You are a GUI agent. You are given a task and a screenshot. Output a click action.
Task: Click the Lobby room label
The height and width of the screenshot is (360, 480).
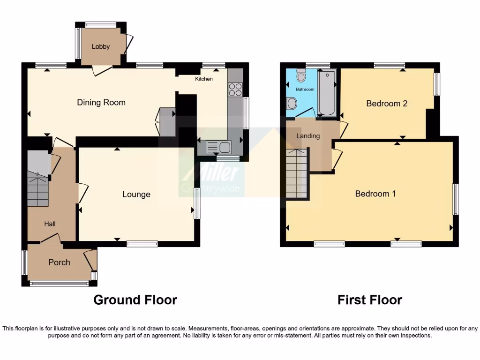101,46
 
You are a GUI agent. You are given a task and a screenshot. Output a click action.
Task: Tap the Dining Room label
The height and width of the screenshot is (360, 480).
101,102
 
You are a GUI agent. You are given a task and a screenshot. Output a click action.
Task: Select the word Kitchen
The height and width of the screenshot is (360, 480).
204,79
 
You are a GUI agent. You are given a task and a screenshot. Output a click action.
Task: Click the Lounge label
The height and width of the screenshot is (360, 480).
136,194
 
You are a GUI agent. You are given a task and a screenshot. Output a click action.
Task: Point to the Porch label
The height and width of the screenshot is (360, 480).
59,262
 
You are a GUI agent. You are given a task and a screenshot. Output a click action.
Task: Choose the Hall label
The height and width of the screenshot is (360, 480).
50,224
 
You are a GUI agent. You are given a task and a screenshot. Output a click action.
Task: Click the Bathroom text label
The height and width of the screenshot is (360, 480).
305,89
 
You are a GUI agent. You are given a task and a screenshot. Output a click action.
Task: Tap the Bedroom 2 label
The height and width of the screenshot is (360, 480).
387,104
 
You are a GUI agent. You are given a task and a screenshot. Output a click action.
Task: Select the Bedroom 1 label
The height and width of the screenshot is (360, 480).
375,194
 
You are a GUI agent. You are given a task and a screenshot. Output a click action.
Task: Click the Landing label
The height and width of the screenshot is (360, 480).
308,136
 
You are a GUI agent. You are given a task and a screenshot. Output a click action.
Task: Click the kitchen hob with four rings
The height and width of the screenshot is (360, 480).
235,89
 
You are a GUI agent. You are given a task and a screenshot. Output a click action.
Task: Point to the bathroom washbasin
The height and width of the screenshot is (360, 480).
291,103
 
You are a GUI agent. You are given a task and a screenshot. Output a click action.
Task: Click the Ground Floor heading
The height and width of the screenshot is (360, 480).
135,300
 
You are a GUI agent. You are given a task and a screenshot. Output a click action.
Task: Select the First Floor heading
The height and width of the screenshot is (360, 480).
369,300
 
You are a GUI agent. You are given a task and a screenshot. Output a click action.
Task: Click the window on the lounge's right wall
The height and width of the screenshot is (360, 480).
197,203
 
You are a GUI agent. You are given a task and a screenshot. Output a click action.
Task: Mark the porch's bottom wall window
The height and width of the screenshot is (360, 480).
59,283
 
